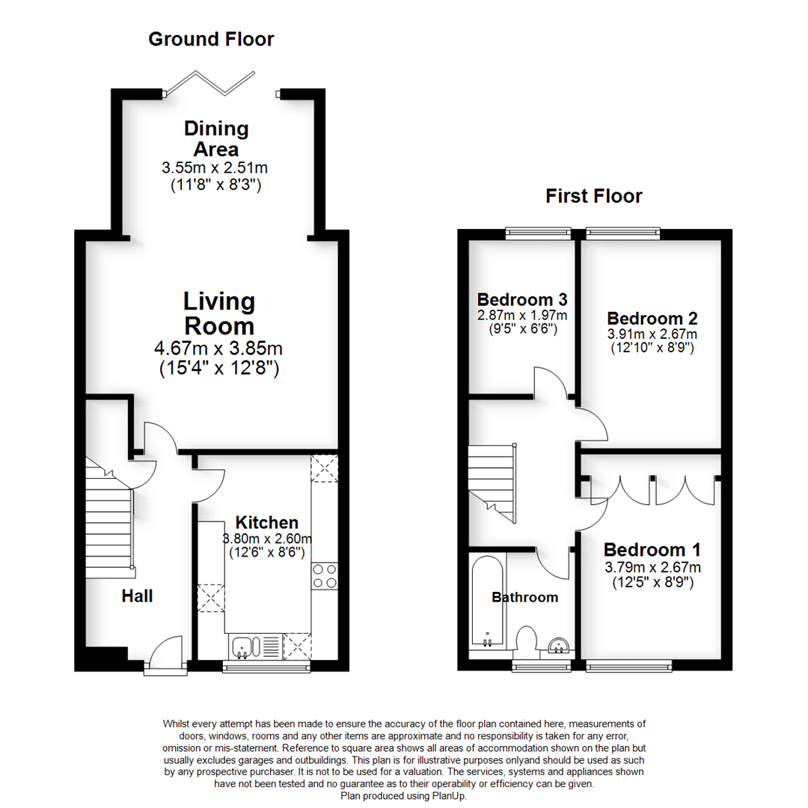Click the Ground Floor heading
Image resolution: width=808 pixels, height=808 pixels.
211,39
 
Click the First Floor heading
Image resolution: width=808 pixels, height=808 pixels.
593,196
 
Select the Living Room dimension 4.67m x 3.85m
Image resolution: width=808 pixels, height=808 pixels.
219,349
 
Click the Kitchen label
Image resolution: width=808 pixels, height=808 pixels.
267,522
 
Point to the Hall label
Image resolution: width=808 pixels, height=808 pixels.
138,596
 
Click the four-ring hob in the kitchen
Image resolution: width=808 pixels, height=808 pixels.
325,575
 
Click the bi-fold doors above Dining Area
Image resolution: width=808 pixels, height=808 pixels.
220,82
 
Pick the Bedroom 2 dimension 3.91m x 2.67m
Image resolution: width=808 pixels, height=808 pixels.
652,334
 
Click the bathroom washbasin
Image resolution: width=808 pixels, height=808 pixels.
558,644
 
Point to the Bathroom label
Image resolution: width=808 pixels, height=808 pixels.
524,597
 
